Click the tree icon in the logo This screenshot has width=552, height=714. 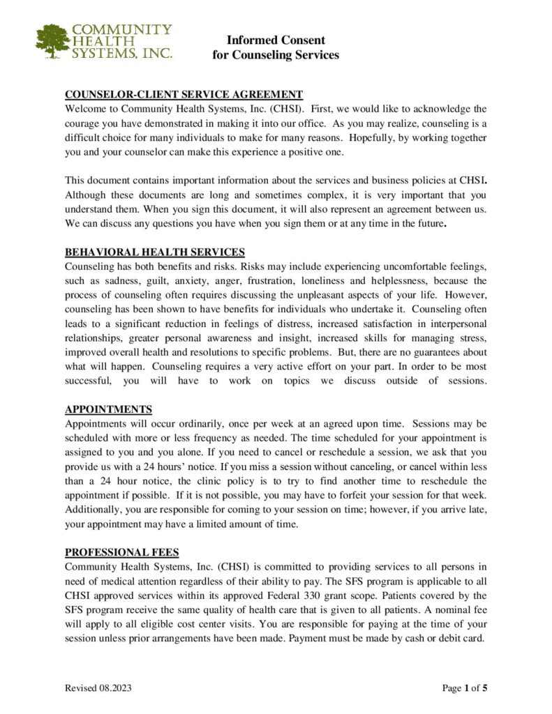[52, 41]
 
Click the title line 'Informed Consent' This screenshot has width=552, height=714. [276, 40]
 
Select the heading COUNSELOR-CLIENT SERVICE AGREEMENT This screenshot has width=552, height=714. [184, 95]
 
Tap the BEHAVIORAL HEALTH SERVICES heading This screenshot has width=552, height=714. [154, 252]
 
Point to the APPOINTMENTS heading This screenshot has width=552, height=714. [108, 409]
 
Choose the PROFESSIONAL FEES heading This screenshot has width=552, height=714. [122, 552]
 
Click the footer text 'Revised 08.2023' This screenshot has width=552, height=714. [98, 689]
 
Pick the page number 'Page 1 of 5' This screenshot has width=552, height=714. [465, 689]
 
